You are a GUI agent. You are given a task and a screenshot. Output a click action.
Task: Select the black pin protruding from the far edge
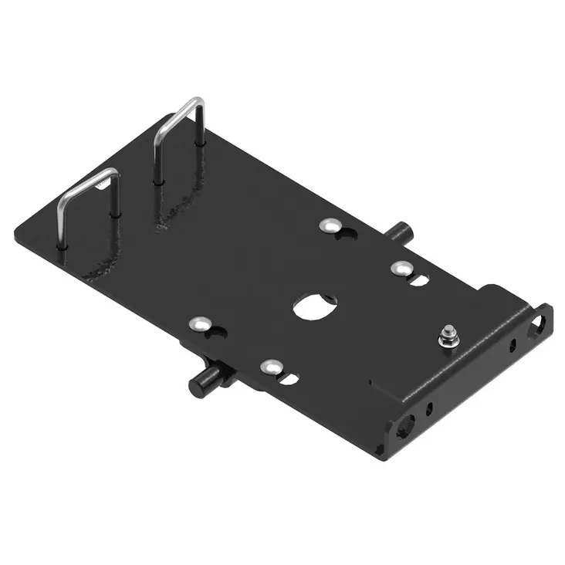pyautogui.click(x=401, y=231)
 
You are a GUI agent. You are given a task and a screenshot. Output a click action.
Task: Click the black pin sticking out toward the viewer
pyautogui.click(x=202, y=381)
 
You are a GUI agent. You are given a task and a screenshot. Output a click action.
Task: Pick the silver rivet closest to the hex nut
pyautogui.click(x=400, y=268)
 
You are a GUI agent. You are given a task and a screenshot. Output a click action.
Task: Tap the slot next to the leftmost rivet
pyautogui.click(x=217, y=333)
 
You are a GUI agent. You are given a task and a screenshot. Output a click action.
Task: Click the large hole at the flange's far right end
pyautogui.click(x=537, y=325)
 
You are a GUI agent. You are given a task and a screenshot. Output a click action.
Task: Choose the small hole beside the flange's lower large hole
pyautogui.click(x=431, y=404)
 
